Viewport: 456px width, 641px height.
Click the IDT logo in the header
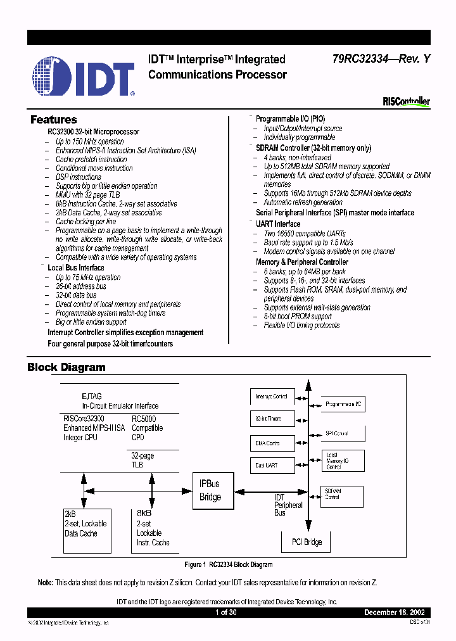coord(84,77)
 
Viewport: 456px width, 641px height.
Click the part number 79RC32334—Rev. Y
coord(382,59)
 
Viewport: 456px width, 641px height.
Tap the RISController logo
coord(406,101)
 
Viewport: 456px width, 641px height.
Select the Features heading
coord(54,120)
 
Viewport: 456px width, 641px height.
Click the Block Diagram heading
coord(66,367)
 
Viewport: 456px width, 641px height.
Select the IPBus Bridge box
coord(210,490)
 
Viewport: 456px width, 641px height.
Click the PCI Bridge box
coord(307,542)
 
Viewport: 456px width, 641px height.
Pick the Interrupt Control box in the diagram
coord(272,397)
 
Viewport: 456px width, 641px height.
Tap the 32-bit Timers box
coord(272,419)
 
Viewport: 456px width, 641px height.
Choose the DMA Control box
coord(272,443)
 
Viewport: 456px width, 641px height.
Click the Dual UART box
coord(272,466)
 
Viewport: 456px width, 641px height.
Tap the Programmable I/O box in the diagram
coord(343,403)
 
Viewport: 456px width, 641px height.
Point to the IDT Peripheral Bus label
coord(288,505)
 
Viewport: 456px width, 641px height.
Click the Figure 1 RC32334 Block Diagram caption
coord(229,564)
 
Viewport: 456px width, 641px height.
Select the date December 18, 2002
coord(398,613)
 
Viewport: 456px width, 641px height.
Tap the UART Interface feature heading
coord(278,224)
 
